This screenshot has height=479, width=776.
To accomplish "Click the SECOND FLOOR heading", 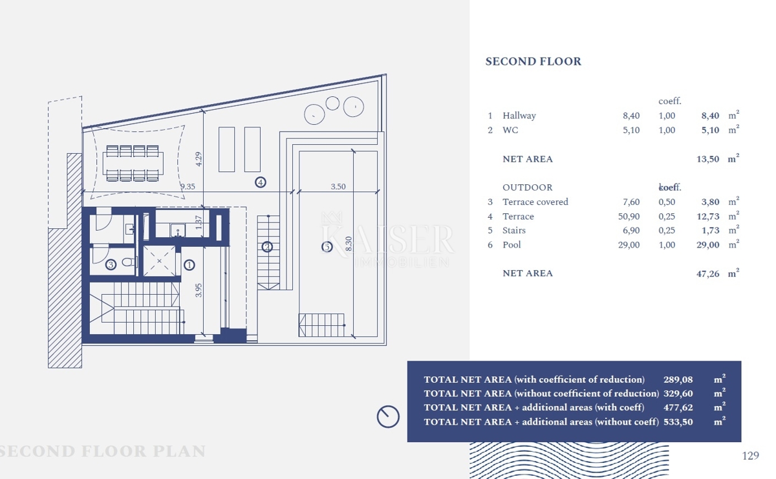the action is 533,61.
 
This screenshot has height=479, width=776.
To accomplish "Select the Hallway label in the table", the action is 519,116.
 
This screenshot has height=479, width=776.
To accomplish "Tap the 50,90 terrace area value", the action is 629,217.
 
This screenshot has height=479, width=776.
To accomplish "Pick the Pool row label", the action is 512,245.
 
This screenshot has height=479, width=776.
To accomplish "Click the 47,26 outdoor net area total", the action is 707,273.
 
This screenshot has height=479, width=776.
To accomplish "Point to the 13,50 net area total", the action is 707,159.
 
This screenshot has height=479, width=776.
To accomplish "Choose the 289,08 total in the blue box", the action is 678,379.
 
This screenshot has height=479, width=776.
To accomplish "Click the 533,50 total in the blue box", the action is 678,422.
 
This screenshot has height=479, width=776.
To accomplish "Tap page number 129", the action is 750,456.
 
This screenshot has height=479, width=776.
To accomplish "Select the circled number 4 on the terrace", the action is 261,182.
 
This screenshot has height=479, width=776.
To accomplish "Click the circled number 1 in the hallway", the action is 189,265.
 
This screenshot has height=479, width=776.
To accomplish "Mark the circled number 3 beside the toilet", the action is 111,265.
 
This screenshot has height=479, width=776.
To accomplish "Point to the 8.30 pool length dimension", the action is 349,244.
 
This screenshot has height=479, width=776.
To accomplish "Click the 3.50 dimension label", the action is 338,187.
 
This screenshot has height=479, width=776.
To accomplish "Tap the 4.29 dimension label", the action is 199,159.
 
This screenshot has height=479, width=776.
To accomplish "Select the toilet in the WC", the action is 129,262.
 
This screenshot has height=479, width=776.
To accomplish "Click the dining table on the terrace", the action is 133,163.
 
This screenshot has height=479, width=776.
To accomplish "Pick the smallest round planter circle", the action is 332,103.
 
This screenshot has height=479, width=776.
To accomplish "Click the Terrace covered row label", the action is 535,202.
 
